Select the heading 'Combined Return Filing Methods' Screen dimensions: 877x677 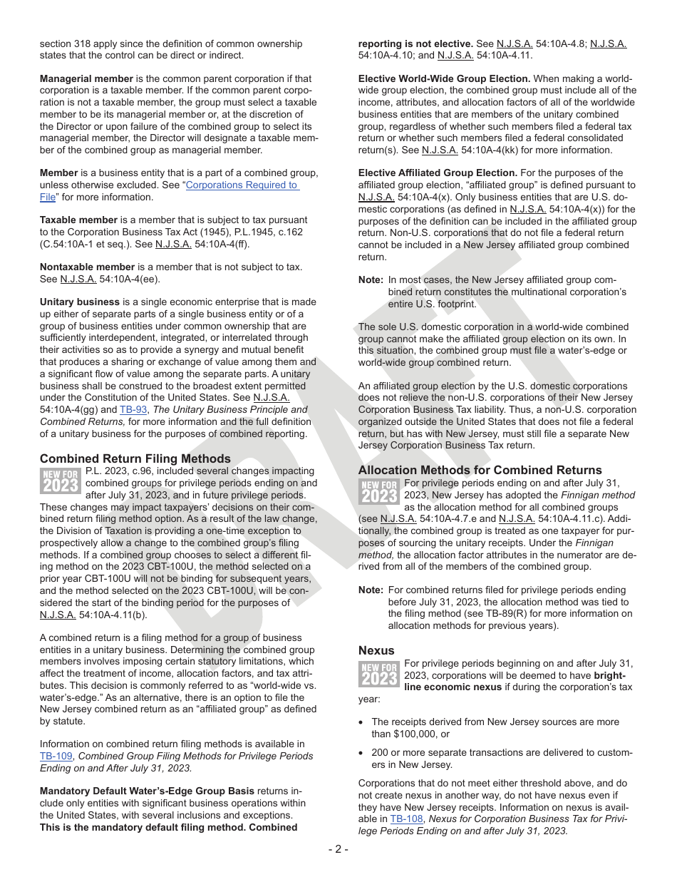pyautogui.click(x=135, y=458)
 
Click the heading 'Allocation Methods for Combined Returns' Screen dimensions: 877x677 pyautogui.click(x=480, y=470)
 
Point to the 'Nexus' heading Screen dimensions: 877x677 pyautogui.click(x=376, y=650)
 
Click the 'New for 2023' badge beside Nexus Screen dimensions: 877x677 pyautogui.click(x=378, y=674)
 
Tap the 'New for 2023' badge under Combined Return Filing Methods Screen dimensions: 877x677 pyautogui.click(x=60, y=481)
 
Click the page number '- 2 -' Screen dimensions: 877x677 pyautogui.click(x=338, y=848)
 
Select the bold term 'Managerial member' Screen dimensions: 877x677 pyautogui.click(x=86, y=78)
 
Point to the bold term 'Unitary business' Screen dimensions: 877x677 pyautogui.click(x=80, y=302)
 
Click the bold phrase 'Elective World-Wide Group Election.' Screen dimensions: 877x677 pyautogui.click(x=444, y=78)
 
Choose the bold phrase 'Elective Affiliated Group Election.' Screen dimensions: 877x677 pyautogui.click(x=438, y=173)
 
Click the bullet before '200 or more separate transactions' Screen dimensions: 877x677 pyautogui.click(x=363, y=753)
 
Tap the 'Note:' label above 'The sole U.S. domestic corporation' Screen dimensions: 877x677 pyautogui.click(x=371, y=280)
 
